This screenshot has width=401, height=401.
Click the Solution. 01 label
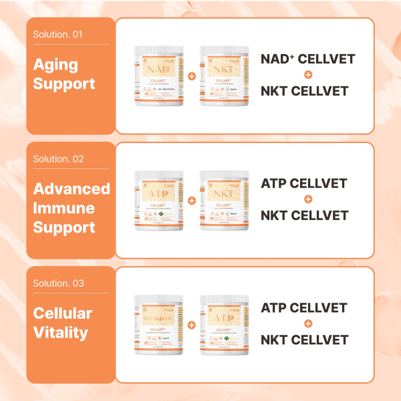[x=58, y=35]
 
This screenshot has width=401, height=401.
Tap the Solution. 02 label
[x=58, y=159]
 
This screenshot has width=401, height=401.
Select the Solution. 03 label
[x=58, y=283]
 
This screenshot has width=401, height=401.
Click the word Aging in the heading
[x=55, y=65]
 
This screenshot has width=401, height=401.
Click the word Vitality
[x=61, y=332]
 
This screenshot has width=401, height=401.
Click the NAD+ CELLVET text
[x=307, y=59]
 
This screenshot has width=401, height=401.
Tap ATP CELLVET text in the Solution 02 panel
[x=304, y=183]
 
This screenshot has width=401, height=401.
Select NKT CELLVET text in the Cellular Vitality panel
[x=304, y=340]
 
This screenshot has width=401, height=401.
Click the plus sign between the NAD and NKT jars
[x=192, y=76]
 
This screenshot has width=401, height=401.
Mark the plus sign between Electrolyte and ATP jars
[x=192, y=325]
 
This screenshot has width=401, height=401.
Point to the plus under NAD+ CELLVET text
[x=307, y=75]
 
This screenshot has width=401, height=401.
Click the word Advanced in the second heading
[x=72, y=188]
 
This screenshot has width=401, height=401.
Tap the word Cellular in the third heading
[x=63, y=313]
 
